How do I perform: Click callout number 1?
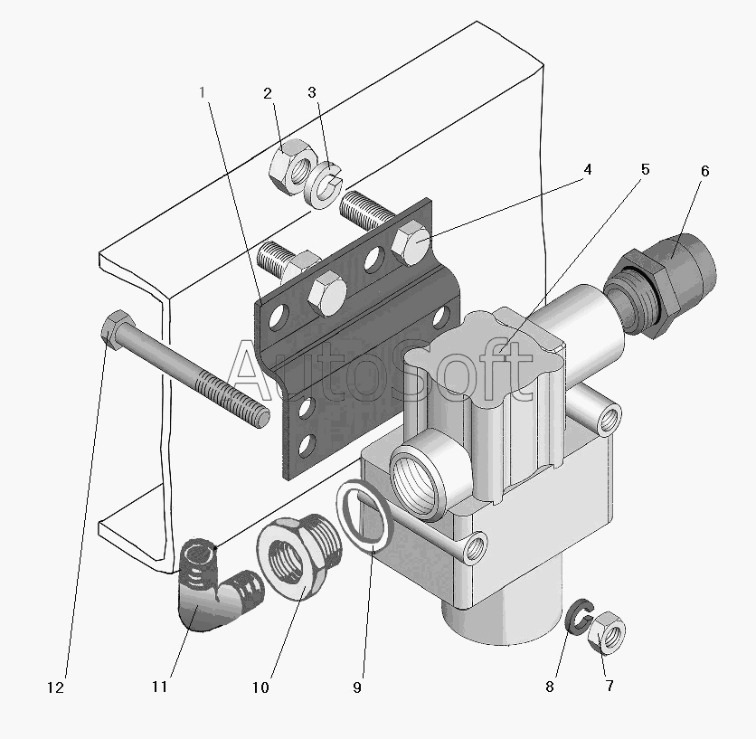pyautogui.click(x=203, y=92)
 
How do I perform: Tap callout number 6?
pyautogui.click(x=704, y=171)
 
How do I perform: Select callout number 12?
pyautogui.click(x=55, y=687)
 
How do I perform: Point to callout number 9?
pyautogui.click(x=357, y=687)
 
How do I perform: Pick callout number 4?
pyautogui.click(x=587, y=169)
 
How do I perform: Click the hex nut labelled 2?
pyautogui.click(x=291, y=167)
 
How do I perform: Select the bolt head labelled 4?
pyautogui.click(x=411, y=242)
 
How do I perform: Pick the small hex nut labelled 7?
pyautogui.click(x=607, y=632)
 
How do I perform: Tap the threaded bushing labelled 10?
pyautogui.click(x=299, y=554)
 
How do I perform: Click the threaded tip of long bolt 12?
pyautogui.click(x=260, y=416)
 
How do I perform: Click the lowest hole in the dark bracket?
pyautogui.click(x=305, y=445)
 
